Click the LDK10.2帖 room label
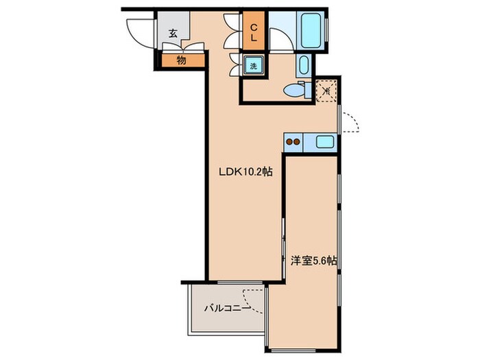tap(245, 171)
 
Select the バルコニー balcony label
tap(228, 308)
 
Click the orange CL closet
tap(254, 31)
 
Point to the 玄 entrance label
tap(173, 34)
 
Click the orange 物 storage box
tap(183, 60)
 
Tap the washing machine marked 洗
tap(254, 66)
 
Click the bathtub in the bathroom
tap(312, 29)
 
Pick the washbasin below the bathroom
tap(303, 65)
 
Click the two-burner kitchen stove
tap(293, 142)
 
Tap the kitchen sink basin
tap(324, 142)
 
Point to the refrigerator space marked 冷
tap(326, 91)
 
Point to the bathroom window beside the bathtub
tap(326, 29)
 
